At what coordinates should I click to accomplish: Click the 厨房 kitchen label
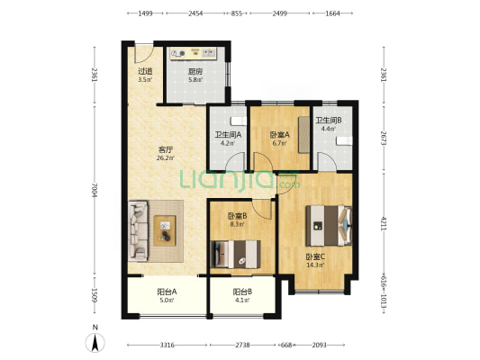tap(195, 72)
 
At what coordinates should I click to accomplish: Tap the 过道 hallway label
tap(145, 71)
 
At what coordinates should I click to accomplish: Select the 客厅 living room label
tap(166, 150)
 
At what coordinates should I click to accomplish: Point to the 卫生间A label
tap(228, 135)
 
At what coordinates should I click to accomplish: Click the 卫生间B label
tap(329, 121)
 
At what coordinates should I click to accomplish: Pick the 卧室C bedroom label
tap(315, 256)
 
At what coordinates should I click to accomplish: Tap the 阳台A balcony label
tap(167, 292)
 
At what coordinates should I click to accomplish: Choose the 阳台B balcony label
tap(242, 292)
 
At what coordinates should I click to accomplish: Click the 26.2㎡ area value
tap(166, 158)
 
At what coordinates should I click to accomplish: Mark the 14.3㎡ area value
tap(315, 265)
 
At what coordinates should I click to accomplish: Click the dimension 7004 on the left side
tap(95, 190)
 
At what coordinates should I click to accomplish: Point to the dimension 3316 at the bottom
tap(168, 345)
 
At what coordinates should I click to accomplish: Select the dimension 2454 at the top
tap(195, 13)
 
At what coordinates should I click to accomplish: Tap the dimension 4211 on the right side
tap(384, 223)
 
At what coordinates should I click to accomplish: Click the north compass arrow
tap(95, 343)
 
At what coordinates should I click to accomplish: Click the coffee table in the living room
tap(165, 230)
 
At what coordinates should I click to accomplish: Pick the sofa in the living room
tap(138, 231)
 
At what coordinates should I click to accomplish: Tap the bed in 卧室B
tap(235, 254)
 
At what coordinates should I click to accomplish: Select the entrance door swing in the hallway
tap(144, 54)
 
